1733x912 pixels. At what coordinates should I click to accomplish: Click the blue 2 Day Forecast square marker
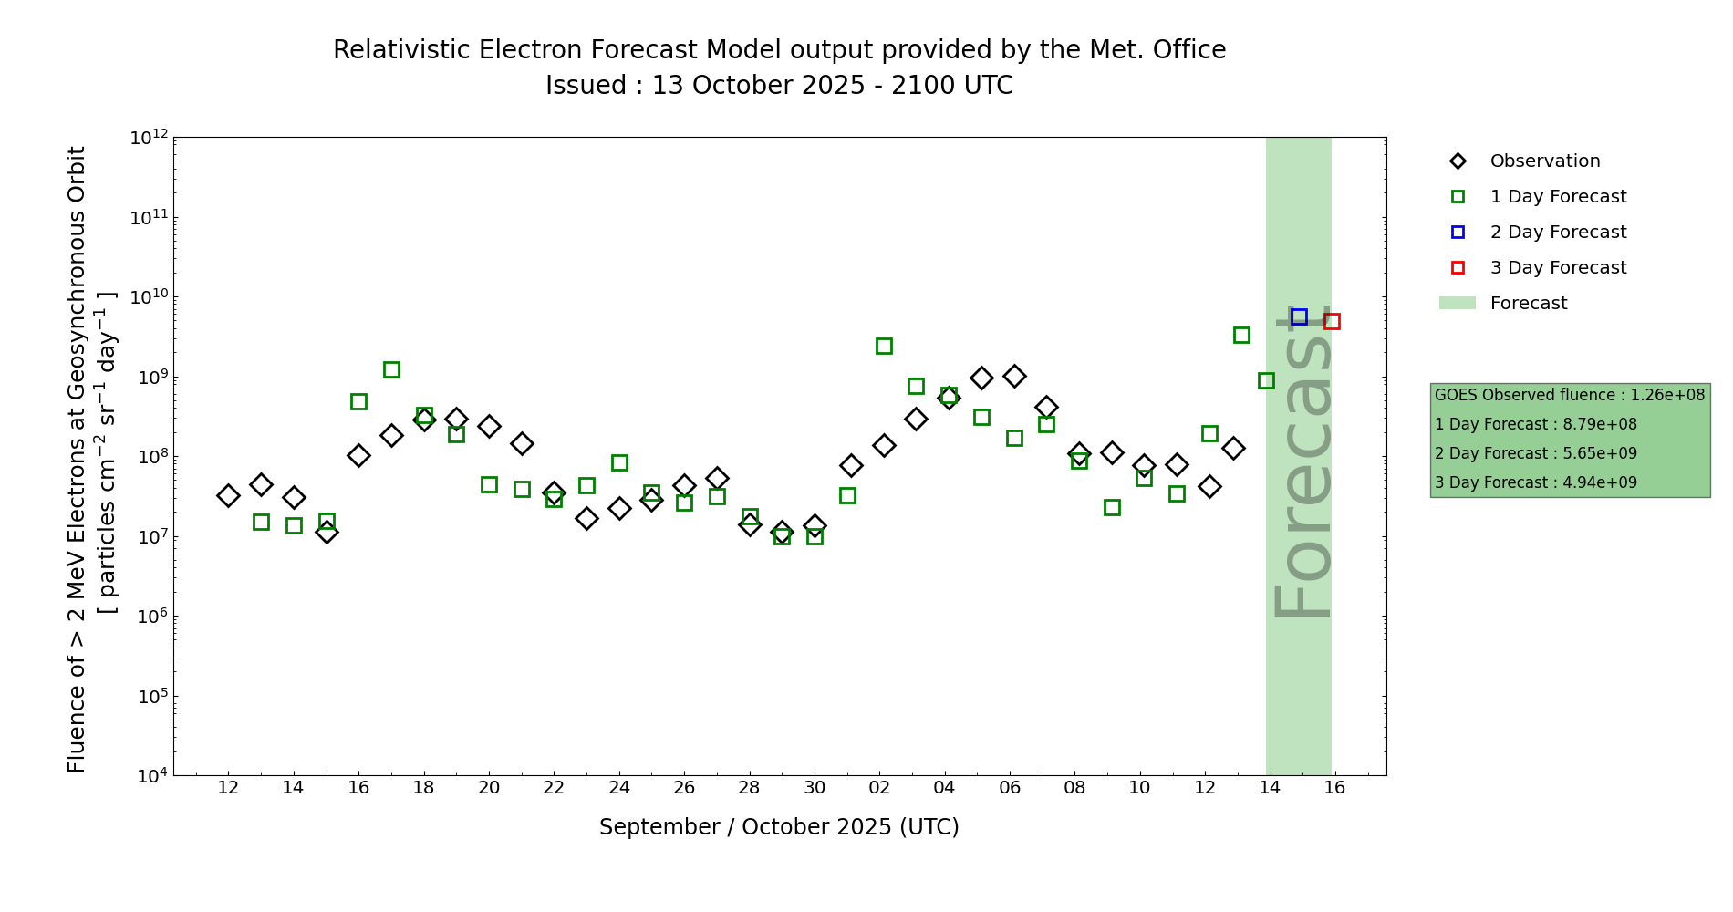tap(1299, 316)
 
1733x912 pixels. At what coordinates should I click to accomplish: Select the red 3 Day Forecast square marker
tap(1332, 321)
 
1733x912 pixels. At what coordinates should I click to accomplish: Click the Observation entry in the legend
tap(1544, 161)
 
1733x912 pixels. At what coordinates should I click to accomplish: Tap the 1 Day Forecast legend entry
tap(1558, 197)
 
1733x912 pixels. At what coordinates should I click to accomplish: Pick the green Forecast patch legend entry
tap(1528, 304)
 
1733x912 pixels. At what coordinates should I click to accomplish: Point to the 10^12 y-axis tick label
tap(149, 138)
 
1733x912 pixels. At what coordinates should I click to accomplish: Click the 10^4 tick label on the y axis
tap(150, 776)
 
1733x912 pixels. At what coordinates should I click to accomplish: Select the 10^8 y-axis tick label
tap(150, 457)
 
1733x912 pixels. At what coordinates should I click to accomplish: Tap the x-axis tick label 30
tap(815, 788)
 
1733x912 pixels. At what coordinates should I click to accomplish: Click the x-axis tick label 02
tap(879, 788)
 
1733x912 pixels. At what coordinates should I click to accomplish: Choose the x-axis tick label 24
tap(619, 788)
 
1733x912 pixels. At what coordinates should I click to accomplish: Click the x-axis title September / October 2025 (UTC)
tap(779, 827)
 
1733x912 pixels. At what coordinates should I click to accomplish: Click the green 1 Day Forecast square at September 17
tap(391, 369)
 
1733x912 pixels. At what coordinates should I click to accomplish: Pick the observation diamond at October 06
tap(1014, 376)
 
